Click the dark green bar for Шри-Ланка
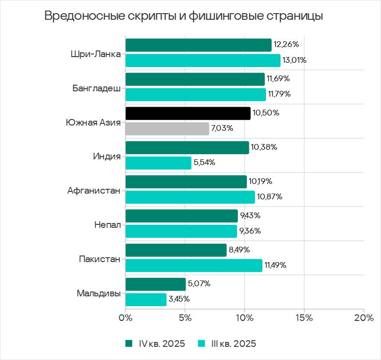[198, 45]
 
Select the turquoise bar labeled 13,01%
[203, 61]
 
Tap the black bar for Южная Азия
[188, 113]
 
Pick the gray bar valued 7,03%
[167, 129]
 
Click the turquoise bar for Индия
[158, 163]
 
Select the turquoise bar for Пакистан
[194, 266]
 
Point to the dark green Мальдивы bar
[155, 284]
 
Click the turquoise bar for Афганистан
[190, 197]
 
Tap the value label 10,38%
[264, 148]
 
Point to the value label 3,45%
[179, 299]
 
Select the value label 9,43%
[250, 216]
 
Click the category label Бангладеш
[96, 88]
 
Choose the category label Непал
[107, 225]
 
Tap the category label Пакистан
[99, 259]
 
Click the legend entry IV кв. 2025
[155, 344]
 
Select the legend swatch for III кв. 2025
[202, 343]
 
